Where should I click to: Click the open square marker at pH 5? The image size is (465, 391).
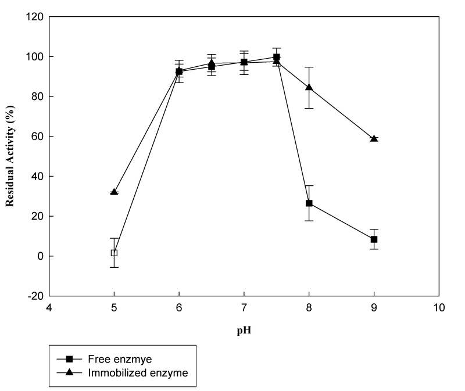pyautogui.click(x=115, y=253)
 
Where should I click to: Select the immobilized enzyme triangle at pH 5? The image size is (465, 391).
pyautogui.click(x=115, y=192)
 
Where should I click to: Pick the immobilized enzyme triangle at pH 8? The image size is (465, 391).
pyautogui.click(x=309, y=88)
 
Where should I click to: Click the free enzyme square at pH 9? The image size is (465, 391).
pyautogui.click(x=374, y=239)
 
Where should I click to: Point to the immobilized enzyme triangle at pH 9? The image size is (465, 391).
pyautogui.click(x=374, y=139)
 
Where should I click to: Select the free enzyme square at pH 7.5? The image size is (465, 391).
pyautogui.click(x=277, y=57)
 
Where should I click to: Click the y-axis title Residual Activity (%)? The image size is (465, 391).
pyautogui.click(x=10, y=156)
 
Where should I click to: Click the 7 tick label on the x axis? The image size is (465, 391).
pyautogui.click(x=244, y=307)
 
